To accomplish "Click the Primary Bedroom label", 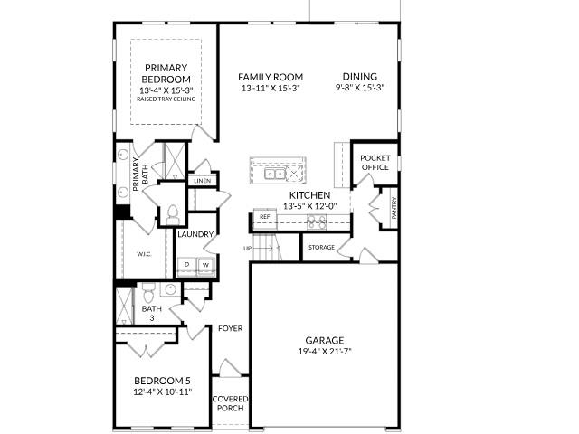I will [167, 73].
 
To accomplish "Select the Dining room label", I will [360, 77].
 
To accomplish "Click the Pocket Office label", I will [375, 162].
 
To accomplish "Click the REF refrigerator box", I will [264, 217].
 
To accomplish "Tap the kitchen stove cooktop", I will [316, 222].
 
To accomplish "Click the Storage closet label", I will [321, 247].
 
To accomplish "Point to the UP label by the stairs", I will [247, 248].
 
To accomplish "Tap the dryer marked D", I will [187, 265].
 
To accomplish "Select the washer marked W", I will [205, 265].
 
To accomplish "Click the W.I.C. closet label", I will [144, 254].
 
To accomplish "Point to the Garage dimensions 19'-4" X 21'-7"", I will [323, 351].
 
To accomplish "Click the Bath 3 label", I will [151, 313].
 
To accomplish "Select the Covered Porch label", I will [230, 403].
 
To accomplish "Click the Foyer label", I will [230, 328].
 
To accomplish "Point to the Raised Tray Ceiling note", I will [167, 99].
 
